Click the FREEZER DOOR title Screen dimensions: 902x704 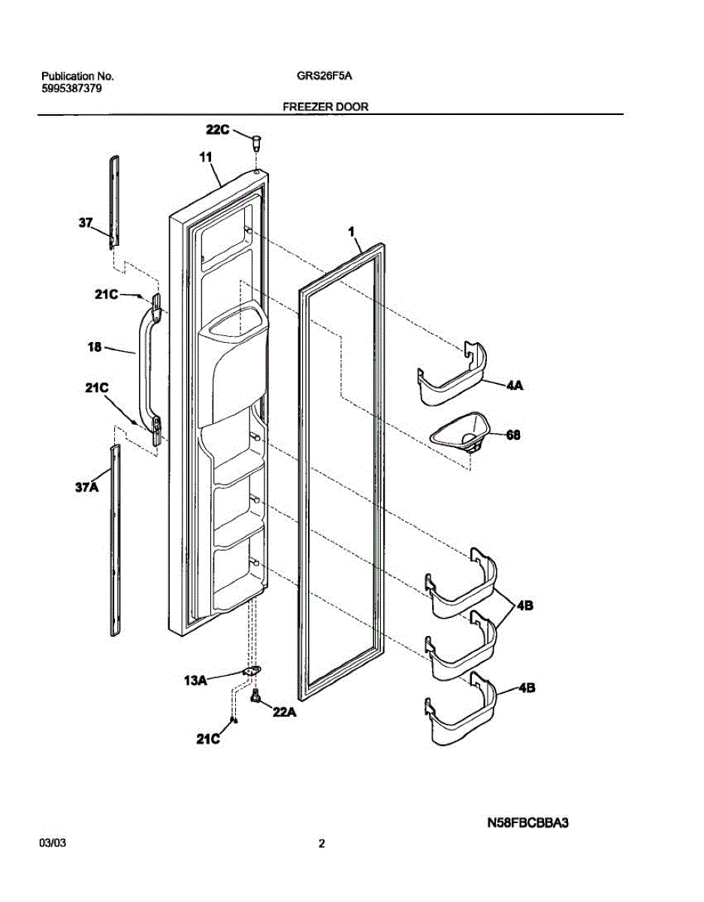point(325,107)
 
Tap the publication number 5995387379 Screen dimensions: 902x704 point(72,88)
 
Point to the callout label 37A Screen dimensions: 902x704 point(86,488)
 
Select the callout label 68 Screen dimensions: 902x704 point(513,434)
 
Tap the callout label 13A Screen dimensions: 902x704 point(195,680)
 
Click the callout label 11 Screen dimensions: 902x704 point(205,158)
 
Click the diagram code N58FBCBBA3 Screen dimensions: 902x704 point(527,823)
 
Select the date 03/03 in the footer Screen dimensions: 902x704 point(53,844)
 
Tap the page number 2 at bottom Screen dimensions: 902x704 point(322,844)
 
